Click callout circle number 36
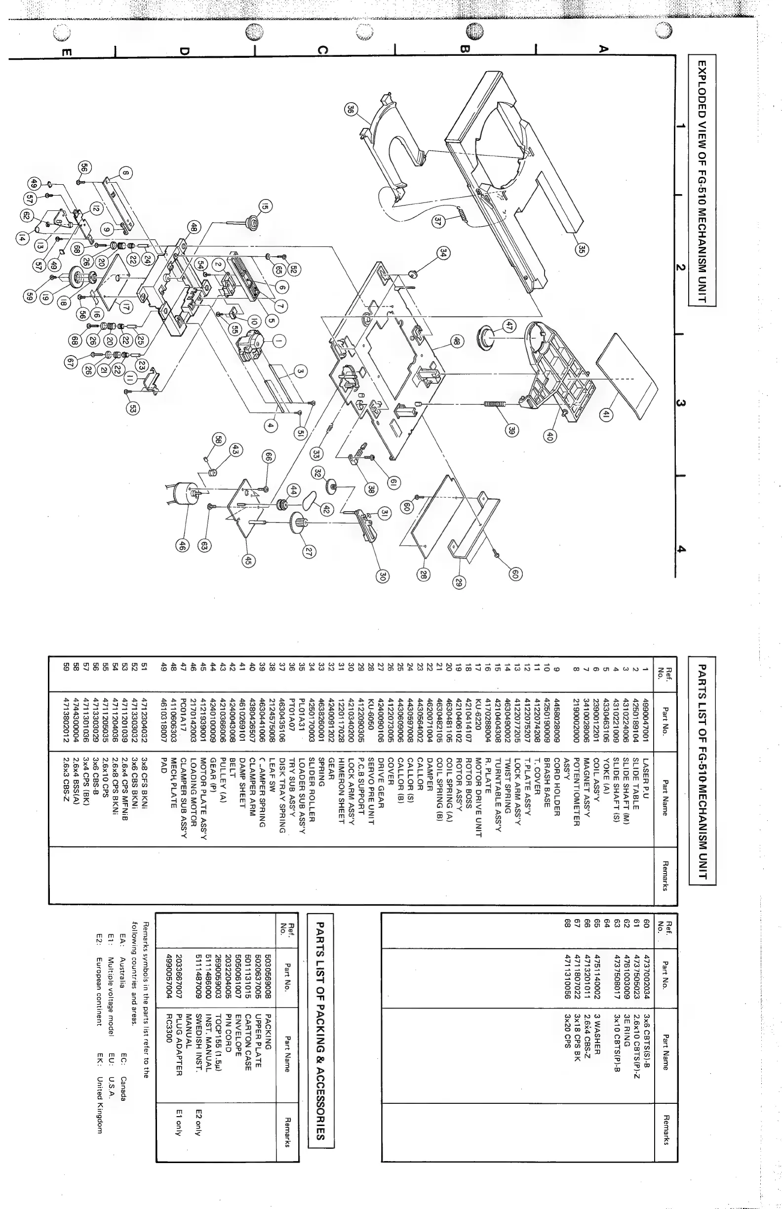tap(351, 109)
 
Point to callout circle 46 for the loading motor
tap(181, 546)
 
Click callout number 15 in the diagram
tap(265, 207)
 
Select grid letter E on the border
tap(67, 52)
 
